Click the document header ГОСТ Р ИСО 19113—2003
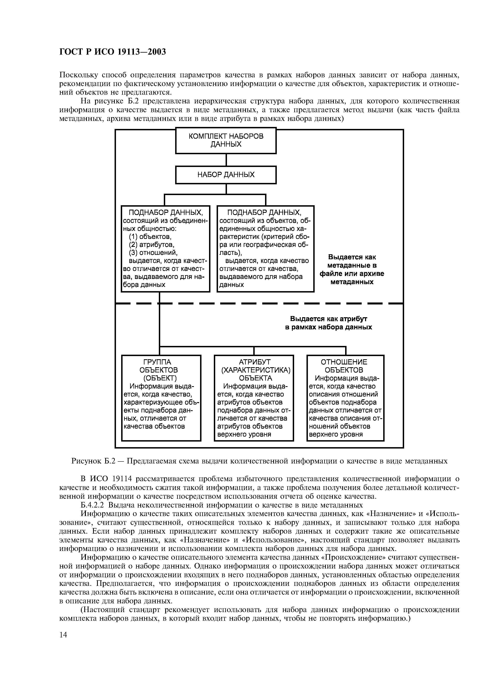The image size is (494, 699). point(113,52)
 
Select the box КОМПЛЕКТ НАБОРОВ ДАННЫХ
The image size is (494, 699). point(226,140)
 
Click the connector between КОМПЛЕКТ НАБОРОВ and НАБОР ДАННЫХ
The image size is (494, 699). point(226,160)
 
